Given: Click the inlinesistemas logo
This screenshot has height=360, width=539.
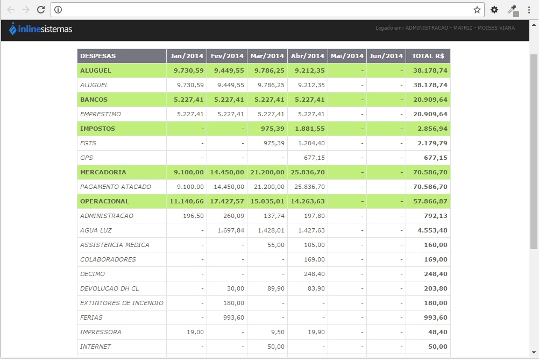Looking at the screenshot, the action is [x=40, y=29].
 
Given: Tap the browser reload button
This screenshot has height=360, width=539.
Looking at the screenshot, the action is [x=41, y=10].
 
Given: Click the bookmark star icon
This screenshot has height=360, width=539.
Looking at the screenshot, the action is [x=477, y=10].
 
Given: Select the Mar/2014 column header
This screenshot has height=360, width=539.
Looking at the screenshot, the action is [x=267, y=56].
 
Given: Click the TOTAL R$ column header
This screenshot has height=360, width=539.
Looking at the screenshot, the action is [x=428, y=56].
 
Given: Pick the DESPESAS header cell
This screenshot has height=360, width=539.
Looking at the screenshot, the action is [x=98, y=56].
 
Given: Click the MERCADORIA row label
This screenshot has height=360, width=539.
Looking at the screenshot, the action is [x=103, y=172].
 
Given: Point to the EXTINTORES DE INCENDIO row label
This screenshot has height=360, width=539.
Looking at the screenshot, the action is [x=122, y=303].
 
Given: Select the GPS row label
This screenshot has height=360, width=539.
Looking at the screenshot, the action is [x=87, y=158].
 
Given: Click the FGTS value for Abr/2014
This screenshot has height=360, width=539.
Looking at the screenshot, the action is [x=311, y=143].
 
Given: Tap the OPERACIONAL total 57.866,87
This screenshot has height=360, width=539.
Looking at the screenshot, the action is [x=430, y=201].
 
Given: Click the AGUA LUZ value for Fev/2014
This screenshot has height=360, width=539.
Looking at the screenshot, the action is [x=231, y=230].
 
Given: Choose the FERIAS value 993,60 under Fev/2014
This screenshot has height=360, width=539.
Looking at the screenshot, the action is [x=234, y=317].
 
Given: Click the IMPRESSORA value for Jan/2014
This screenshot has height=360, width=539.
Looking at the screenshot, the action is [x=195, y=332].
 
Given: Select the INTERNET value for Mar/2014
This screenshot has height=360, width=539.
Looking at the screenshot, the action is [x=276, y=347].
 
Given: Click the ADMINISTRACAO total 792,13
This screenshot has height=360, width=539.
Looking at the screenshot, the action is [x=436, y=216].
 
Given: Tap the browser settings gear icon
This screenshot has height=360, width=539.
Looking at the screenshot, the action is [x=494, y=10].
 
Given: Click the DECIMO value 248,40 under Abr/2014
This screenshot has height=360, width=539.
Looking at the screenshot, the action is [x=314, y=274].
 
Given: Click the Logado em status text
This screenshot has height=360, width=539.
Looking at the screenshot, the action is [x=445, y=28].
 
